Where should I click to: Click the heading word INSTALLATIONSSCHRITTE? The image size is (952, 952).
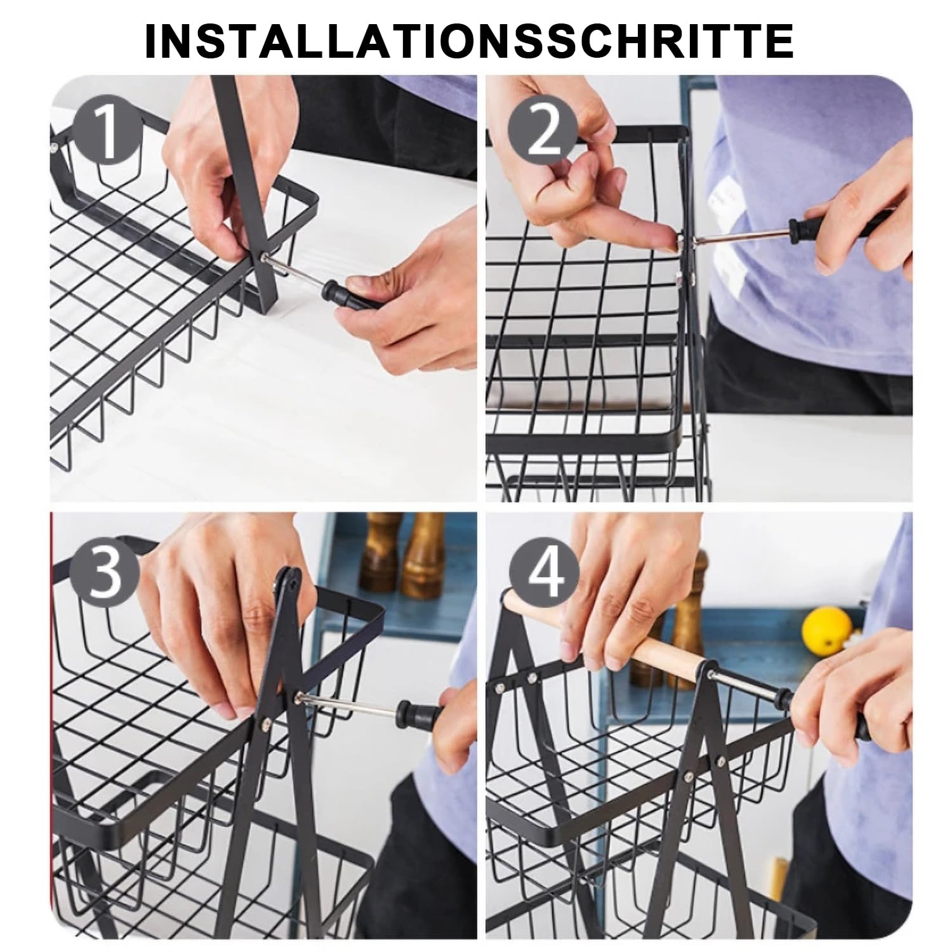469,41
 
